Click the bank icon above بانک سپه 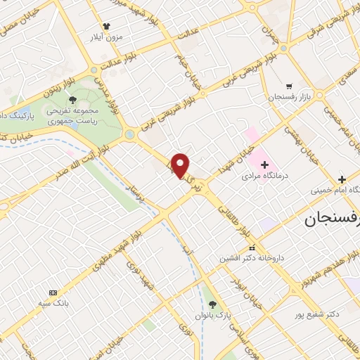click(53, 292)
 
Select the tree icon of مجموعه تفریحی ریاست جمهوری click(73, 101)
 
